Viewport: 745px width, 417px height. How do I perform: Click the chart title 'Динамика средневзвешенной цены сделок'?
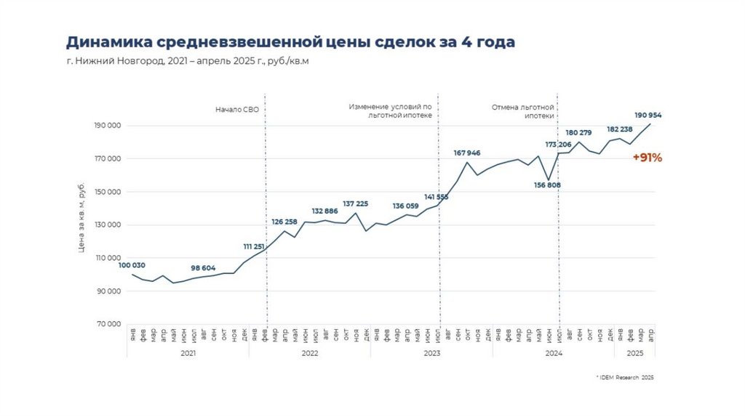coord(290,42)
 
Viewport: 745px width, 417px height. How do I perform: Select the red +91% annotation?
coord(647,158)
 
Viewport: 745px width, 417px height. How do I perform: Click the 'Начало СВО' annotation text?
coord(236,110)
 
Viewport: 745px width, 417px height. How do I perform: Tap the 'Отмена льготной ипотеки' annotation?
coord(523,111)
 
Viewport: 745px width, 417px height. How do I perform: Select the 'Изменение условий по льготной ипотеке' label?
coord(391,111)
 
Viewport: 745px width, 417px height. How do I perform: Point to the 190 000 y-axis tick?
coord(108,126)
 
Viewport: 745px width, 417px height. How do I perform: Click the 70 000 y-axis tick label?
coord(109,324)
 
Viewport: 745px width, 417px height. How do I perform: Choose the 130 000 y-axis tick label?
coord(108,225)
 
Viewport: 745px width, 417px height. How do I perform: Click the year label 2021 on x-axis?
coord(188,352)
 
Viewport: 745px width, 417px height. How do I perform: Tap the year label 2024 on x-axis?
coord(553,352)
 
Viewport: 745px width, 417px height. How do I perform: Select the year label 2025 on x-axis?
coord(634,352)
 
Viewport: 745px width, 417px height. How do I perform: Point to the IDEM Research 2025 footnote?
coord(625,378)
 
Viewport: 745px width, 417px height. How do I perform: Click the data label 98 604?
coord(204,267)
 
